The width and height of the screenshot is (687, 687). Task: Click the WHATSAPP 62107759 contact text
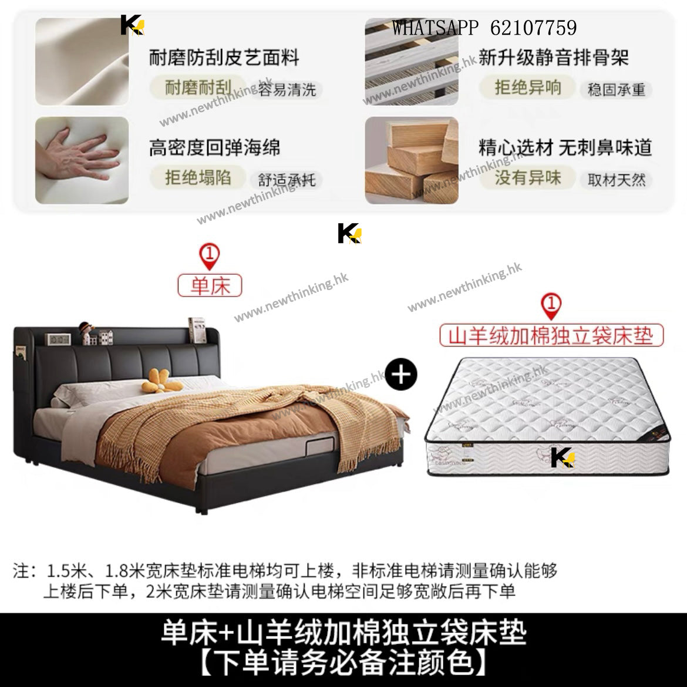click(x=484, y=28)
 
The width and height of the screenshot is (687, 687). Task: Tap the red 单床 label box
click(x=210, y=285)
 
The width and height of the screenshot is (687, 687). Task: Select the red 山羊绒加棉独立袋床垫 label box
click(x=551, y=335)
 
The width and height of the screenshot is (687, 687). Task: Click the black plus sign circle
click(x=401, y=375)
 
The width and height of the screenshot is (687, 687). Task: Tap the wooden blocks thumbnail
click(x=412, y=160)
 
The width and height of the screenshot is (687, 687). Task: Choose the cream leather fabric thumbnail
click(x=82, y=61)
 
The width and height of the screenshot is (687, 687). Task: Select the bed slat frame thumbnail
click(x=412, y=61)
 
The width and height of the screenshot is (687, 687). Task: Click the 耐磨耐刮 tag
click(x=198, y=87)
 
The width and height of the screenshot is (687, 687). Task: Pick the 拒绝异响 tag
click(x=528, y=87)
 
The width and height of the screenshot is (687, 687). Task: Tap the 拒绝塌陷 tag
click(x=198, y=177)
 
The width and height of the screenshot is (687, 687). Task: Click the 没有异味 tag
click(x=528, y=177)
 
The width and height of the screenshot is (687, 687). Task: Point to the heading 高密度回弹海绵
click(x=215, y=147)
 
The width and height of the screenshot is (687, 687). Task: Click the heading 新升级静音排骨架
click(x=554, y=58)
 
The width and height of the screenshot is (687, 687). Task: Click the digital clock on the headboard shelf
click(x=58, y=339)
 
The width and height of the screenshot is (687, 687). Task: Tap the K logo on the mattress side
click(x=563, y=457)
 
